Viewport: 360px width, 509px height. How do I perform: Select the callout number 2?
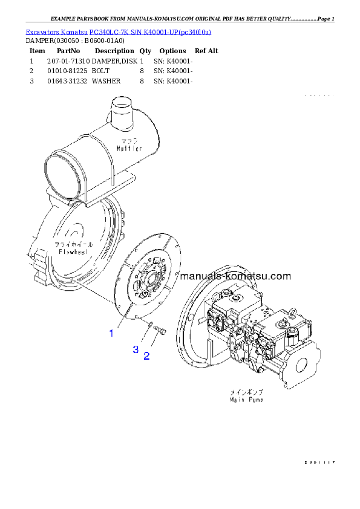146,356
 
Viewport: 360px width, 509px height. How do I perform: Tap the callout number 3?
136,349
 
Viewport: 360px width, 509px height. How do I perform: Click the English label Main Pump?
246,400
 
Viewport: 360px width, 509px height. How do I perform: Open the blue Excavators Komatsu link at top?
118,32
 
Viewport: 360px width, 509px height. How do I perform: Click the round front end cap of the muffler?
62,180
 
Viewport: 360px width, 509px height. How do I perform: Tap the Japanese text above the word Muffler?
129,140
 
